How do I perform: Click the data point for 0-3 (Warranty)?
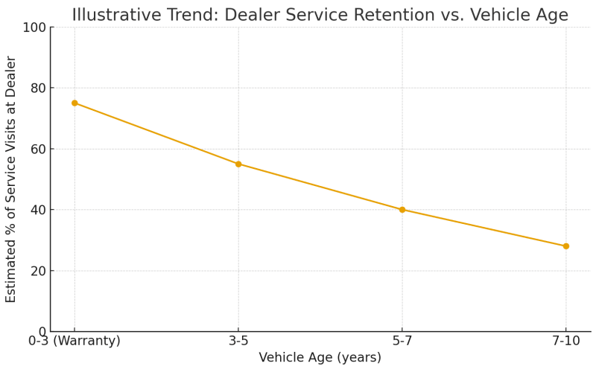pyautogui.click(x=74, y=103)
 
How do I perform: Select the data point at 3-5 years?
pyautogui.click(x=238, y=164)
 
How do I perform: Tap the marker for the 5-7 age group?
pyautogui.click(x=402, y=210)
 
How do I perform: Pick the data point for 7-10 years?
pyautogui.click(x=565, y=246)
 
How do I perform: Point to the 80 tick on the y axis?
pyautogui.click(x=37, y=89)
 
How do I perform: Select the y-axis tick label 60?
pyautogui.click(x=37, y=150)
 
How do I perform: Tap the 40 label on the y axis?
pyautogui.click(x=37, y=211)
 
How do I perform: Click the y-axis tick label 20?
pyautogui.click(x=37, y=272)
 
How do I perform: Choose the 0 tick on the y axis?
pyautogui.click(x=42, y=332)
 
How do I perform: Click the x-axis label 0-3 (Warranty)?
pyautogui.click(x=74, y=341)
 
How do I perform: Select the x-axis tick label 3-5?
pyautogui.click(x=238, y=341)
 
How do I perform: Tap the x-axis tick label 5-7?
pyautogui.click(x=402, y=341)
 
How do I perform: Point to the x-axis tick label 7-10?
pyautogui.click(x=565, y=341)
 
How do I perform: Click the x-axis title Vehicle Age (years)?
pyautogui.click(x=320, y=358)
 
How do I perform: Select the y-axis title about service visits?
pyautogui.click(x=11, y=179)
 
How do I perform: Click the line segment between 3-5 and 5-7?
pyautogui.click(x=320, y=187)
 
